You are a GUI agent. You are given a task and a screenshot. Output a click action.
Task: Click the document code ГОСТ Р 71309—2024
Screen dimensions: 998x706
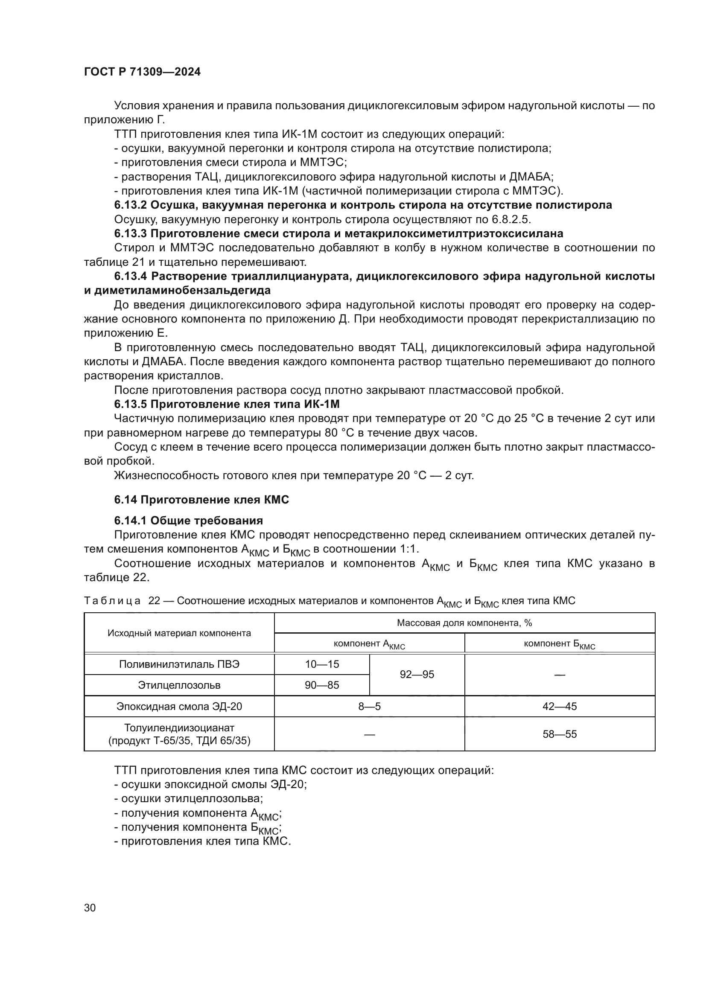(x=142, y=72)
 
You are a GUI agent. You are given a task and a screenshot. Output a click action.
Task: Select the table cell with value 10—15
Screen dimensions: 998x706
(x=322, y=664)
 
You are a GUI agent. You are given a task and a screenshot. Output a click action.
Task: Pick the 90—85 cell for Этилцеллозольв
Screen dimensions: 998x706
(x=322, y=685)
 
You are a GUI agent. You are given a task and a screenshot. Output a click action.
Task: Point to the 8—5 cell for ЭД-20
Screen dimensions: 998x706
(x=369, y=706)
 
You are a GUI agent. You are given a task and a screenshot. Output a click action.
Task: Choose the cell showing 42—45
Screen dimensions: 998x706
(x=560, y=706)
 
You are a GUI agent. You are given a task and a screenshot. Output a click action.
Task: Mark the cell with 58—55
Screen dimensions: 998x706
(x=560, y=734)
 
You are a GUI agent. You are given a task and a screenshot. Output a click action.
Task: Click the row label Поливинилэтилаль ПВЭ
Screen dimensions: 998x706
(x=179, y=664)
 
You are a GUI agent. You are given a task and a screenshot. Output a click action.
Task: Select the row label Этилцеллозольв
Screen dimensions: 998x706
(x=179, y=685)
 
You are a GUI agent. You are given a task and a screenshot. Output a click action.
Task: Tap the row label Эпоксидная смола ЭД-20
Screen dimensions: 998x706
(x=179, y=706)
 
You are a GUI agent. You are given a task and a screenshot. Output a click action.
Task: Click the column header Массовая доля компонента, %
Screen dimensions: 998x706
(x=464, y=623)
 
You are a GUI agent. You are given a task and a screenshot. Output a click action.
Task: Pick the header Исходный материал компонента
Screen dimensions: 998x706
(x=179, y=633)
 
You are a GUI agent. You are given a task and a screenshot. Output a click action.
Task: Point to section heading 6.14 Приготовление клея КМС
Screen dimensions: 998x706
(x=201, y=500)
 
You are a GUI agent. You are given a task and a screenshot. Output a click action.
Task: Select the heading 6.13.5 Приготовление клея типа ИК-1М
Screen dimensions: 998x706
(x=227, y=404)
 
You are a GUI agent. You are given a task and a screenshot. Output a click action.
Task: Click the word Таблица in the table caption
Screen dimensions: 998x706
(x=112, y=601)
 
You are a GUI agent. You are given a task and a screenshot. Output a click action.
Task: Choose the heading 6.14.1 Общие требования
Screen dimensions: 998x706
(x=188, y=521)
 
